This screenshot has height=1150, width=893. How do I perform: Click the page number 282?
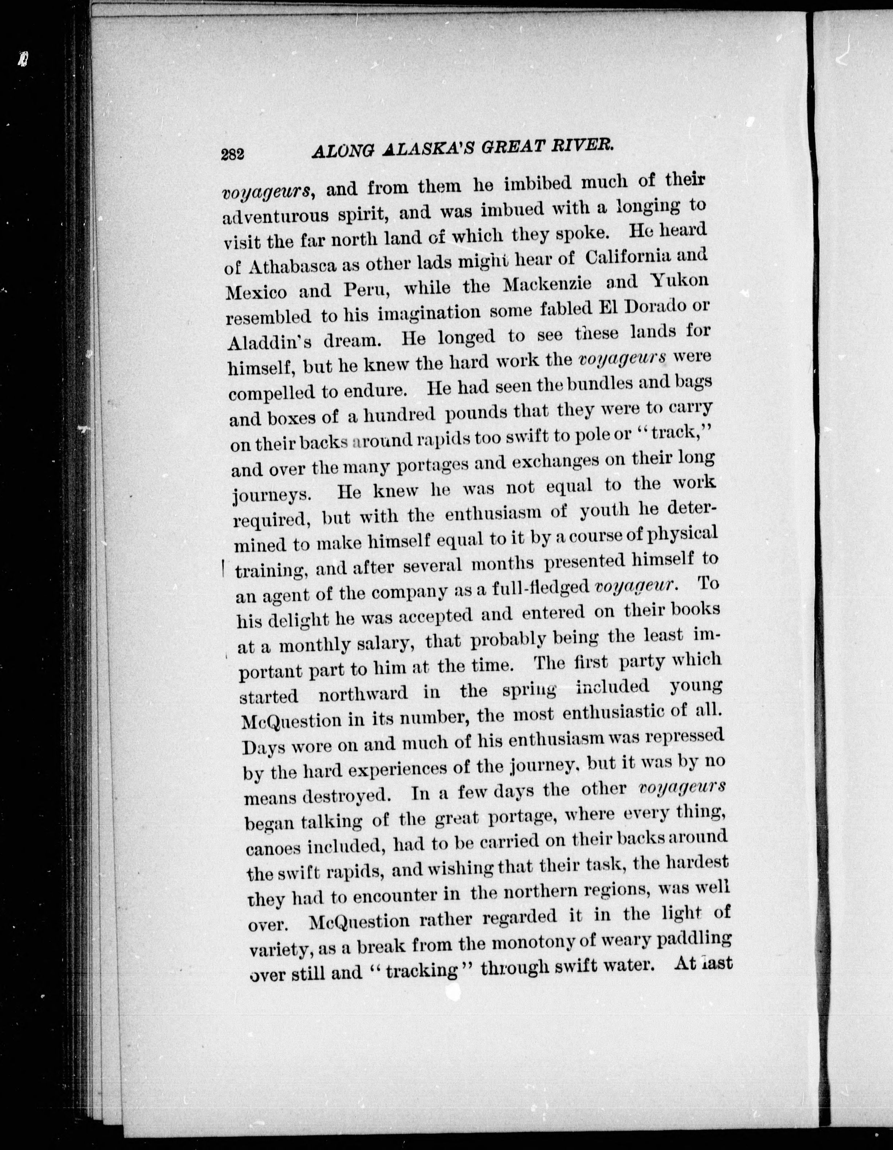(x=232, y=154)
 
